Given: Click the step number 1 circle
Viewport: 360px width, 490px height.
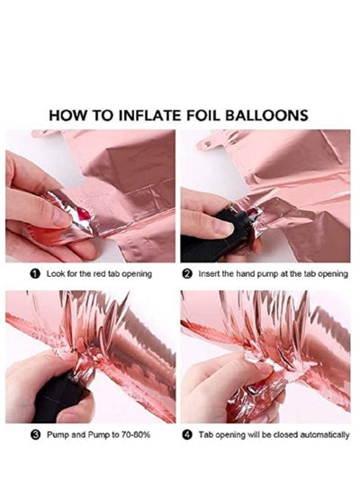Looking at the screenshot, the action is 35,274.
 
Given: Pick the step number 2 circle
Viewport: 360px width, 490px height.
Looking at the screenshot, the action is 187,274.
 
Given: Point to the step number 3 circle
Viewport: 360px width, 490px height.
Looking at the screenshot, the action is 36,434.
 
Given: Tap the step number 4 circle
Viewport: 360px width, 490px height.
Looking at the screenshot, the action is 187,434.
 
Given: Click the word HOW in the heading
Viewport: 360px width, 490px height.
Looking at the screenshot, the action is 67,115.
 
